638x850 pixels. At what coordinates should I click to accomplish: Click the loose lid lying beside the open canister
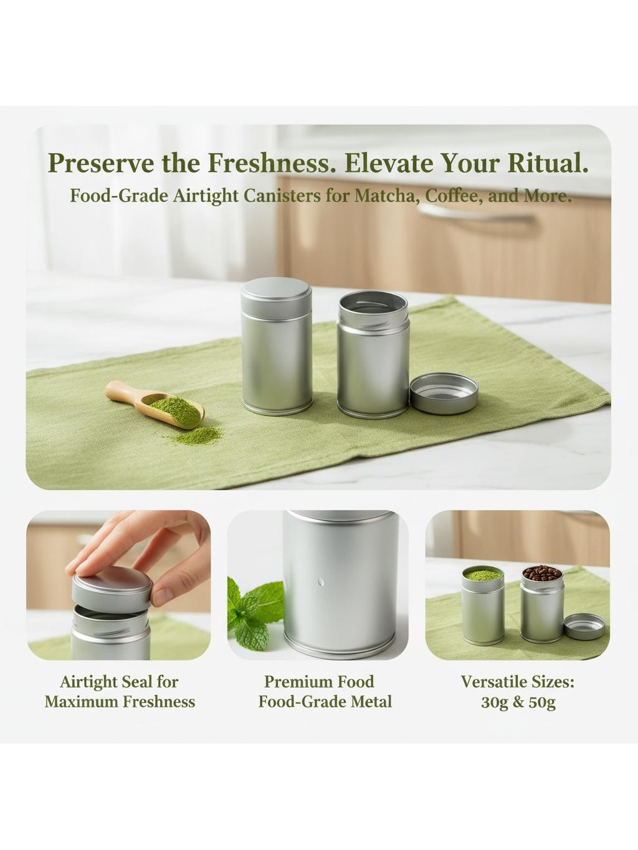click(x=444, y=393)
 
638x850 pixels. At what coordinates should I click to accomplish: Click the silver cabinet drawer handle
click(x=477, y=214)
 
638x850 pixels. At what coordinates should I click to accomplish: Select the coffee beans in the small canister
click(x=541, y=574)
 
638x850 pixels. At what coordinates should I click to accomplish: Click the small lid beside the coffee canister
click(x=584, y=626)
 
